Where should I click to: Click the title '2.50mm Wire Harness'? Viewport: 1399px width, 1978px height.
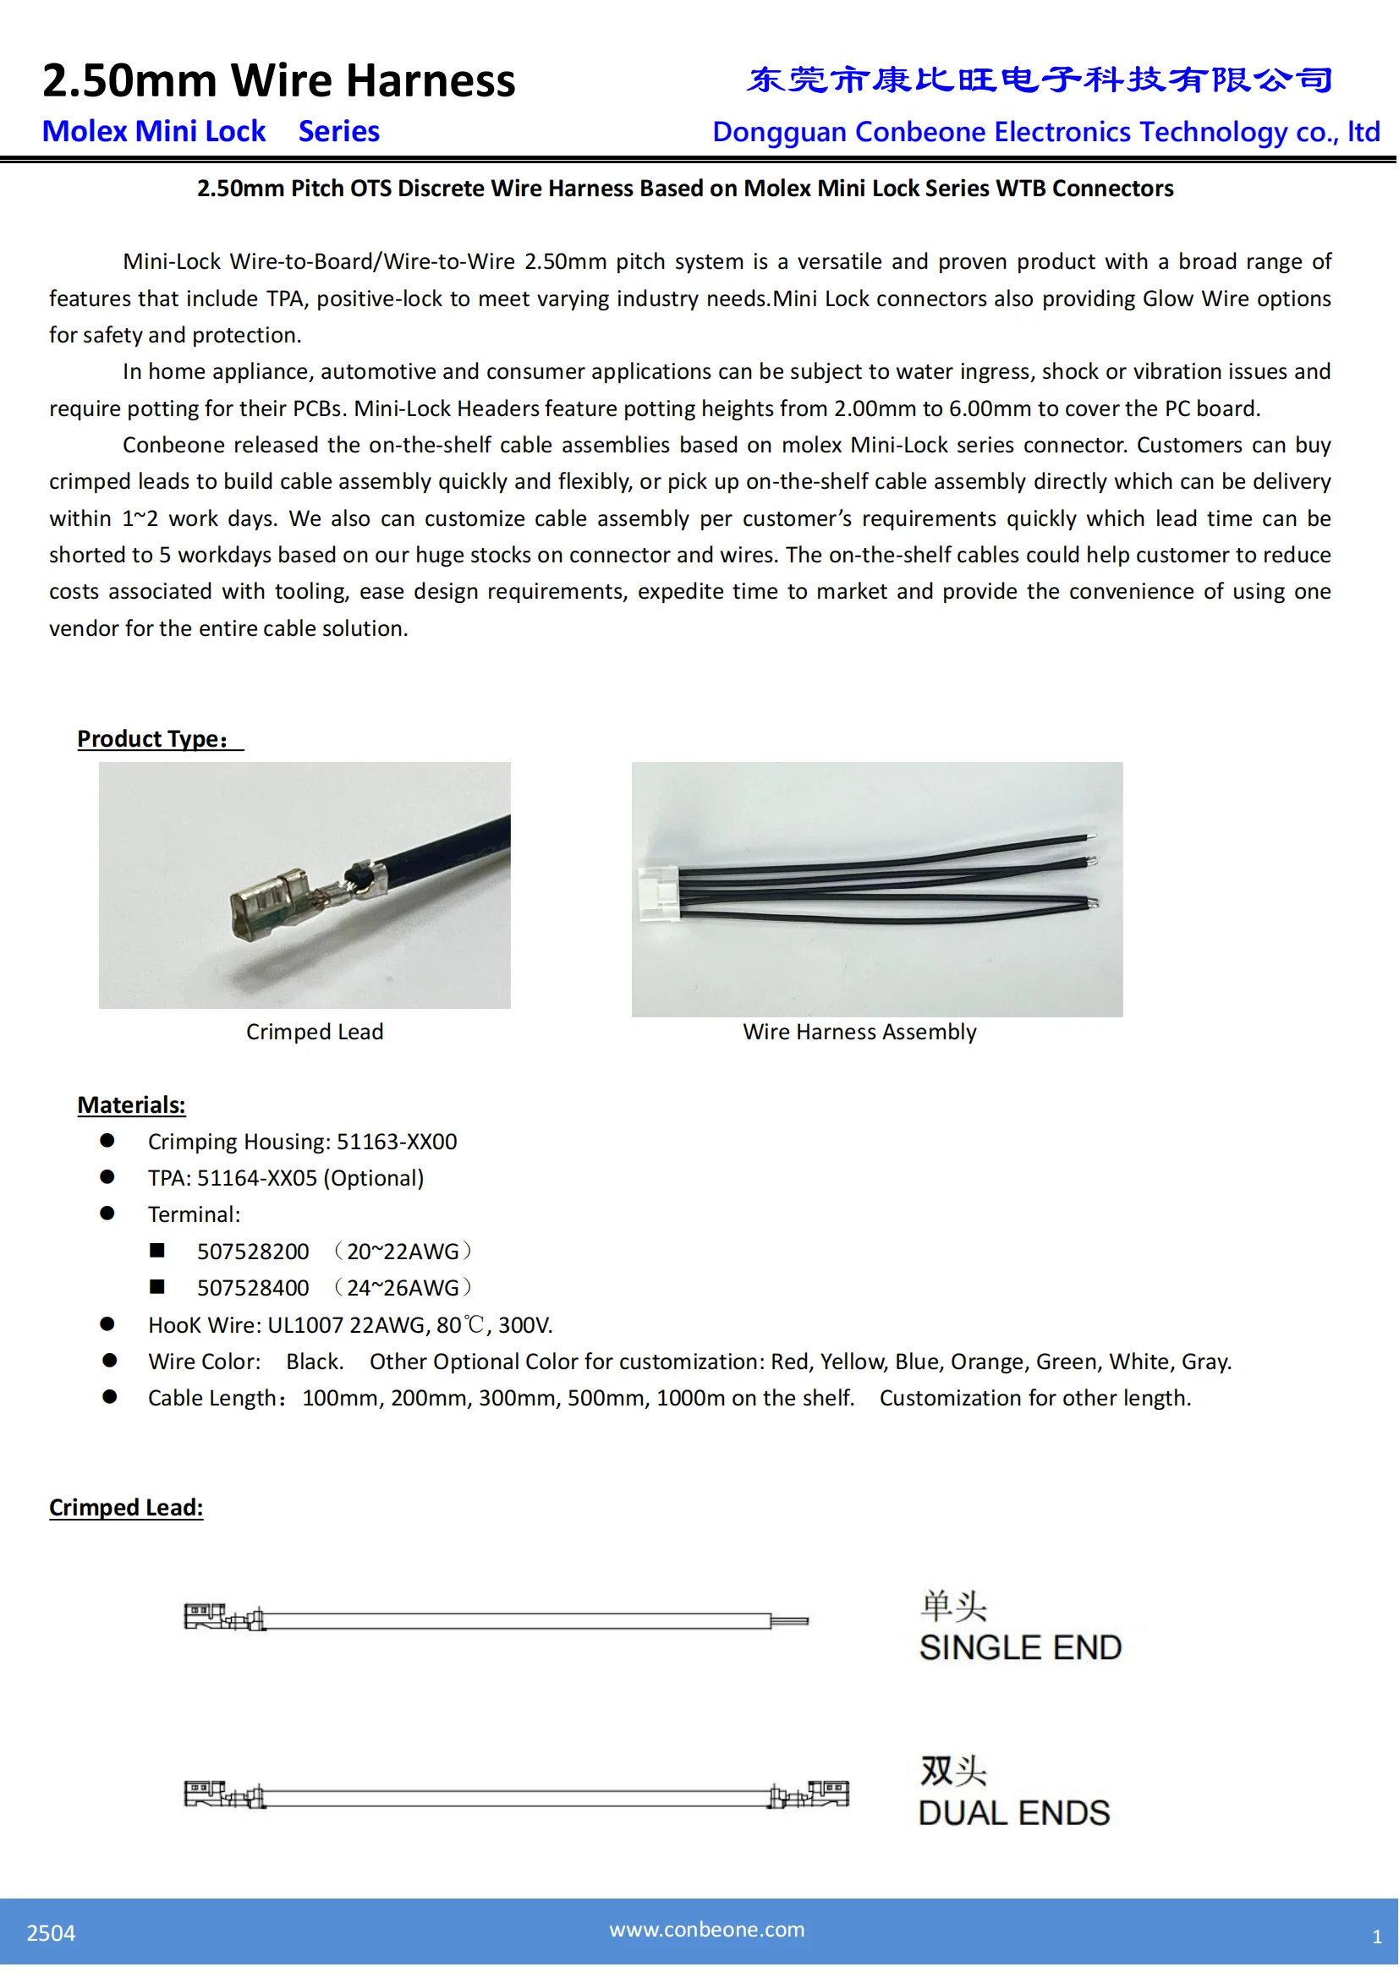278,81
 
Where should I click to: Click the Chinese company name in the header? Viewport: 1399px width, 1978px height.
1039,80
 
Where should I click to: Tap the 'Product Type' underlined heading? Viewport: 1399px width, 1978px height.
153,739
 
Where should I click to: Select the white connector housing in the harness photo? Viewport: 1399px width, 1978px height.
658,894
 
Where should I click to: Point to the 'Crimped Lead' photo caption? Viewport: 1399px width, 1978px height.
315,1032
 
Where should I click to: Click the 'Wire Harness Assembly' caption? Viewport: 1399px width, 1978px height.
859,1032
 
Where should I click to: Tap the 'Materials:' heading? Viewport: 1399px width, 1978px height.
131,1105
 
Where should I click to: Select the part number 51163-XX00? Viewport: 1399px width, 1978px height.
396,1142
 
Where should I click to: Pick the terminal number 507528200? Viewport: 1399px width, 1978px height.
252,1252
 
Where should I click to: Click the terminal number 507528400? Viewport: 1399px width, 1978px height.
252,1288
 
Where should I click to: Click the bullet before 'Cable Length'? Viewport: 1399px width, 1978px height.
109,1396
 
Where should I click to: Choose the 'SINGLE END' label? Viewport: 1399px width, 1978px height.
1020,1648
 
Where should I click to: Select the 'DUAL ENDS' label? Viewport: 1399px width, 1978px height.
1014,1813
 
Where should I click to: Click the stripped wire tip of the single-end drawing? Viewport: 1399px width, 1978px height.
789,1621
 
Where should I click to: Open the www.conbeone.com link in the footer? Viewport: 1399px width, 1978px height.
706,1930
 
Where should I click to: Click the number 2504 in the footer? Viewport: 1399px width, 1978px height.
51,1933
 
